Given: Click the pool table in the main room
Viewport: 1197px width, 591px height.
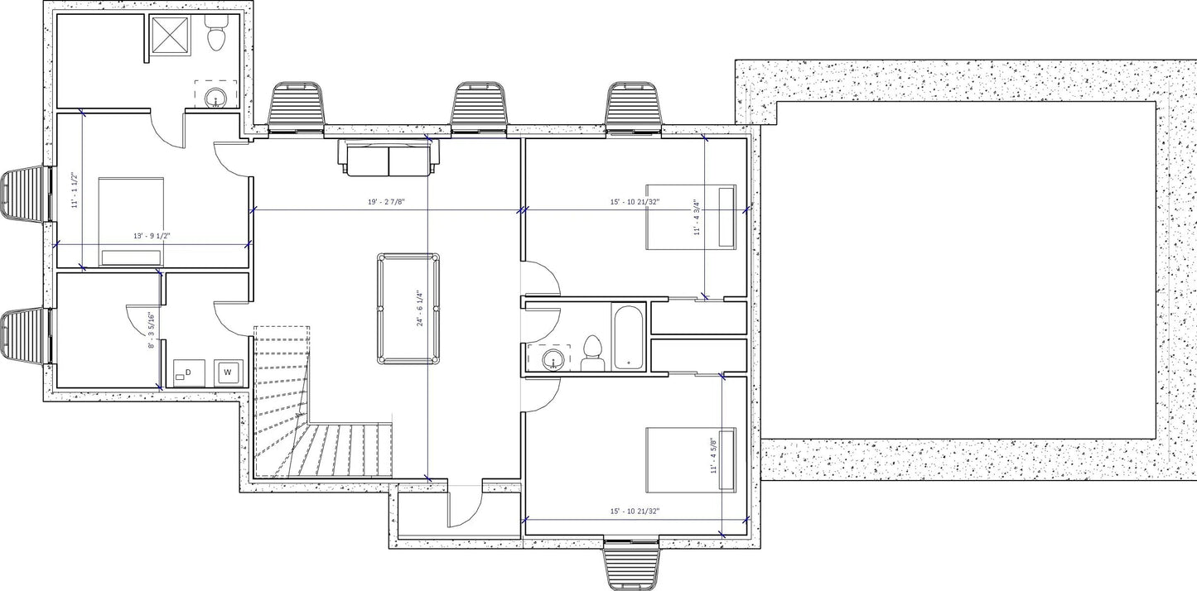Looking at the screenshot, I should click(408, 310).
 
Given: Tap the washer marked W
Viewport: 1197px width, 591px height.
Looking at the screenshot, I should click(227, 372).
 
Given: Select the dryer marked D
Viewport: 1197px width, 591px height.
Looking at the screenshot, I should click(189, 373).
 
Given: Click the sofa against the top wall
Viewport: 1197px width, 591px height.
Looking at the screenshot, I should click(389, 159).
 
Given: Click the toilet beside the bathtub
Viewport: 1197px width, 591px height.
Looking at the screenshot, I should click(592, 353).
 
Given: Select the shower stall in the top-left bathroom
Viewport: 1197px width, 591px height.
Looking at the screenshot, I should click(172, 36).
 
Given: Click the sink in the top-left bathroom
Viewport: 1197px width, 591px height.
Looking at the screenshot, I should click(215, 98).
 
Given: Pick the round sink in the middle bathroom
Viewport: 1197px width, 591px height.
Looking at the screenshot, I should click(553, 359).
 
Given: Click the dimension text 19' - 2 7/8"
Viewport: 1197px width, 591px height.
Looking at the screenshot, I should click(386, 202).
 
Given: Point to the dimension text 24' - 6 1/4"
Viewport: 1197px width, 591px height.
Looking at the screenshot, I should click(419, 309).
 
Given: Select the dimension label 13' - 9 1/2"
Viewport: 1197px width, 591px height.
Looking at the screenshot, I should click(152, 236).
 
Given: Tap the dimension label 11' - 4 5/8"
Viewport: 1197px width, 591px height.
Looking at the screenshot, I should click(713, 455).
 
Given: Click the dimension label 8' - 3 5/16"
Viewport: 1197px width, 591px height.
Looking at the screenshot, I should click(151, 330).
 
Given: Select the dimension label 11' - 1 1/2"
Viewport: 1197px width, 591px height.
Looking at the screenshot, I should click(75, 190).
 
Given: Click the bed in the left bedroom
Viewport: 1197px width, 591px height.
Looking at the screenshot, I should click(131, 220).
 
